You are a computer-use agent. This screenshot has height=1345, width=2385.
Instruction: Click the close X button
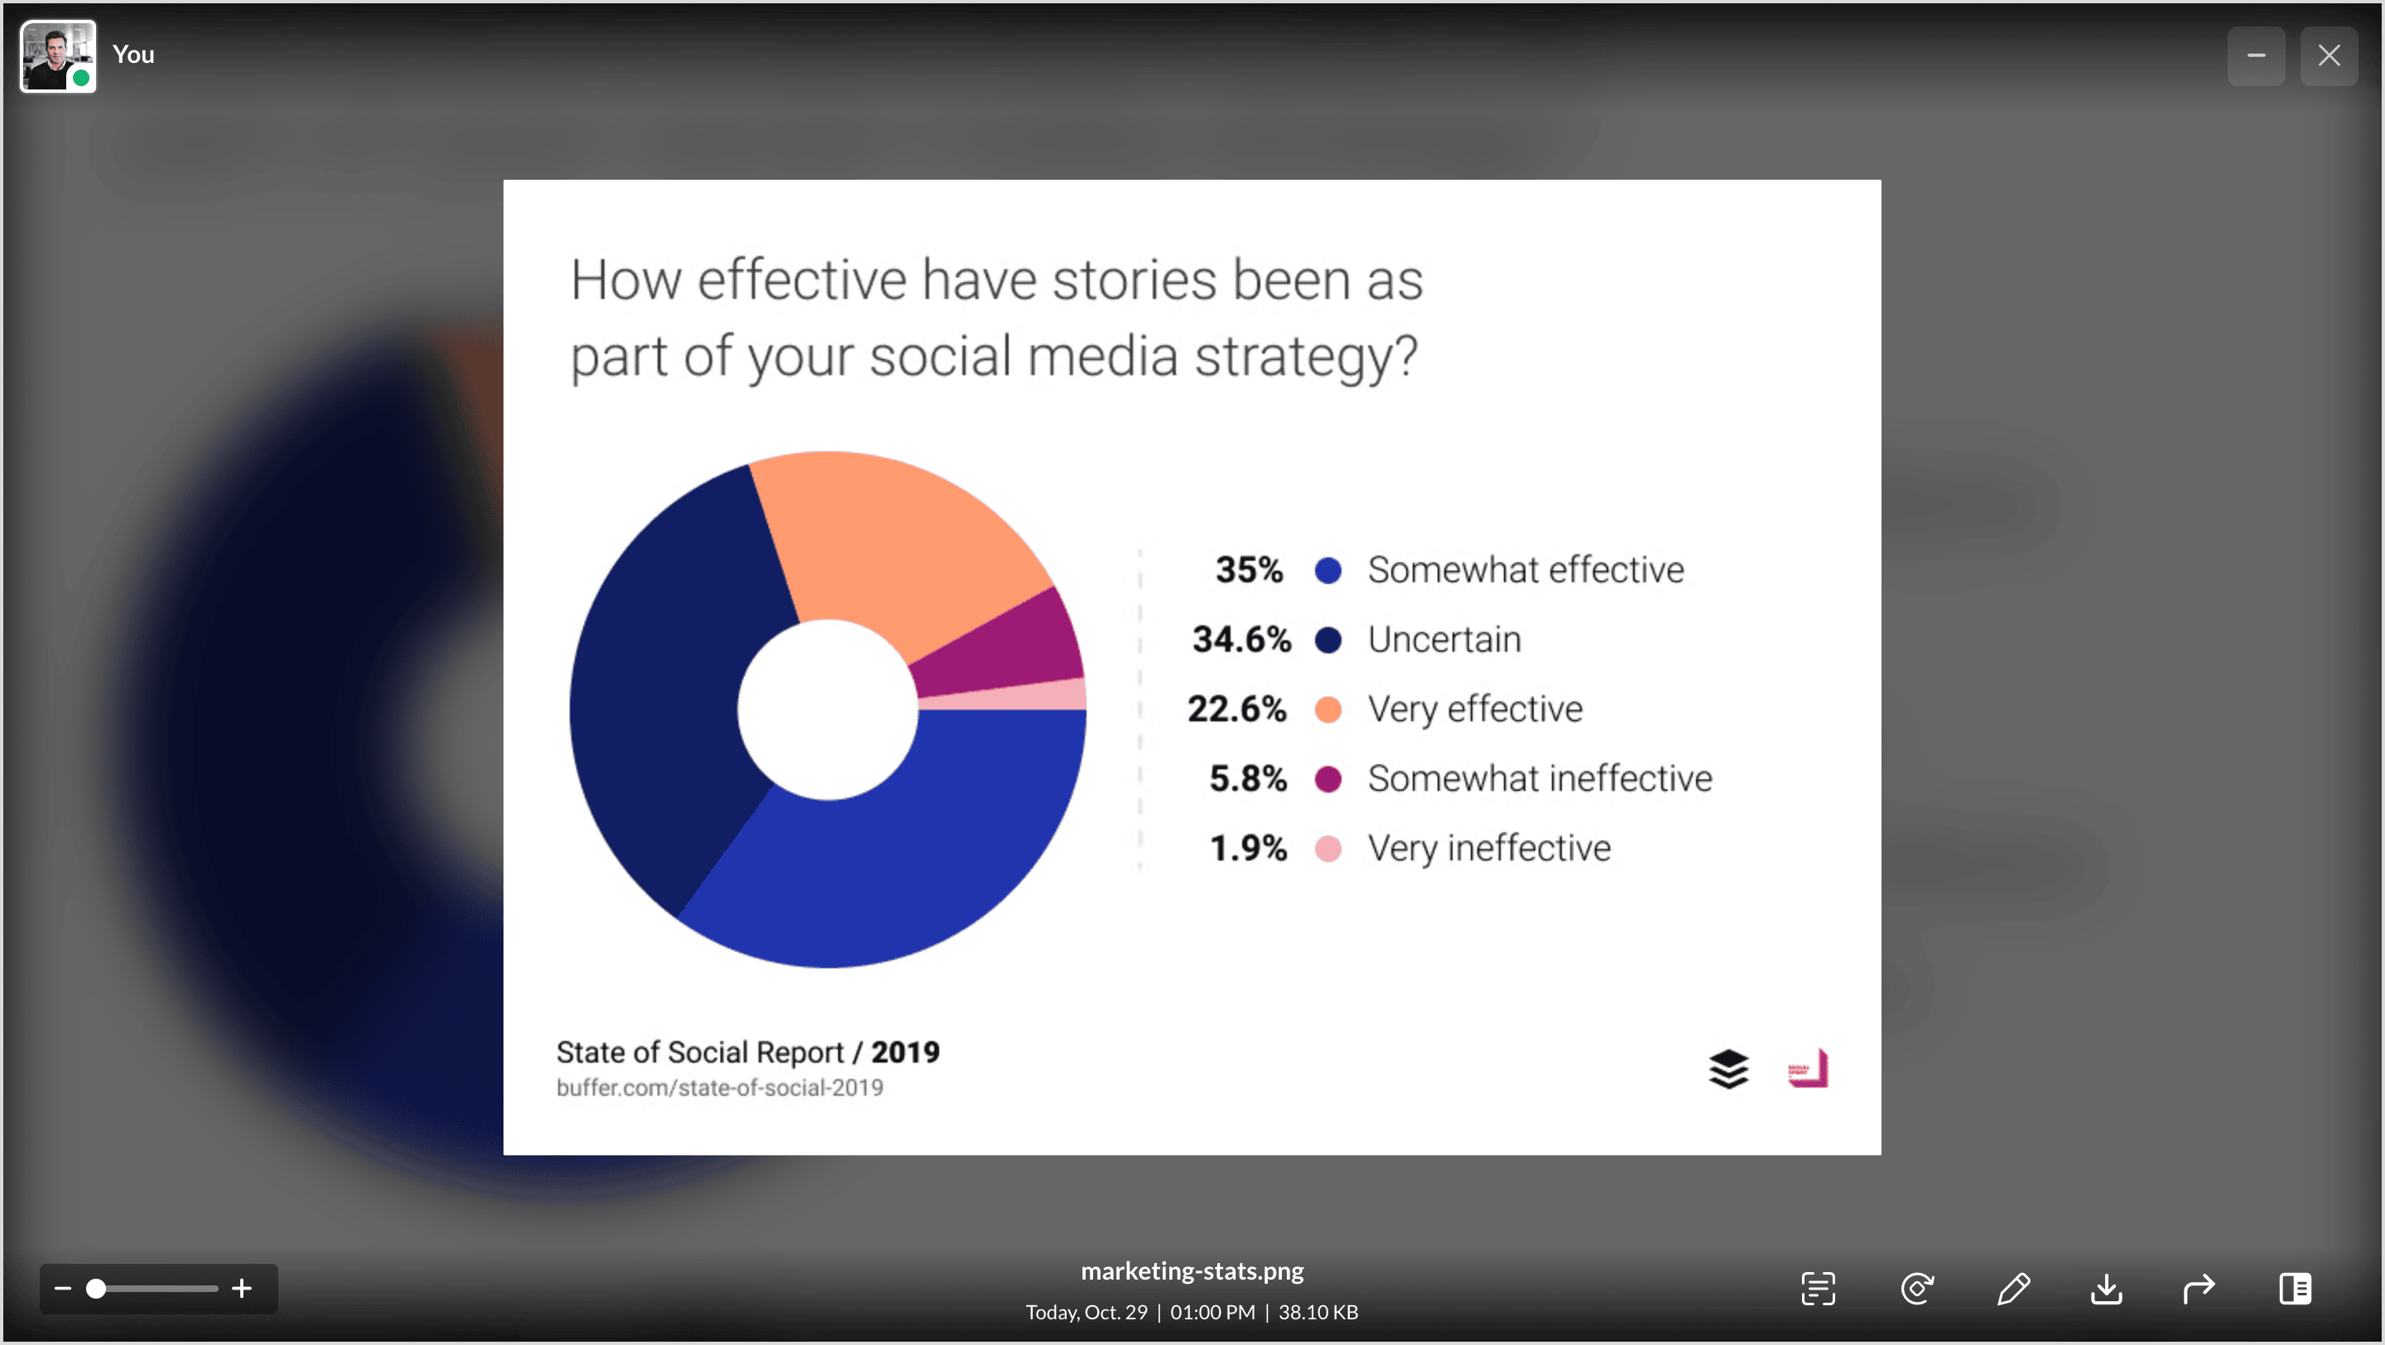pos(2329,55)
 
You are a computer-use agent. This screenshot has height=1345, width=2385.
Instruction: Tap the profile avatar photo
pos(57,55)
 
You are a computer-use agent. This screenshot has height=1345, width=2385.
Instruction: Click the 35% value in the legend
pos(1249,569)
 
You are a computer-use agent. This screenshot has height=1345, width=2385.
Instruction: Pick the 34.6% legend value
pos(1241,639)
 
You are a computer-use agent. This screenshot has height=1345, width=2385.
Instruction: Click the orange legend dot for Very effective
pos(1327,709)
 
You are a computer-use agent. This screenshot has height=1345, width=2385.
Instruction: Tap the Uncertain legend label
pos(1444,639)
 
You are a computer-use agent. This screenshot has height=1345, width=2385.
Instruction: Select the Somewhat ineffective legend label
pos(1539,779)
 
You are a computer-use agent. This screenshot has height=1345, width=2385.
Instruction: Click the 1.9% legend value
pos(1248,848)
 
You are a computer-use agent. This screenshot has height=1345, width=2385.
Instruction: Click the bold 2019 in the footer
pos(904,1052)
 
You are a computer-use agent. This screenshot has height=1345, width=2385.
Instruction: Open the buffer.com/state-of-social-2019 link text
pos(720,1087)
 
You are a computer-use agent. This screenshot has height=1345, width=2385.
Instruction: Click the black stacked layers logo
pos(1727,1069)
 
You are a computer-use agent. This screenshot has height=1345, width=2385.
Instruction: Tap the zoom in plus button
pos(242,1288)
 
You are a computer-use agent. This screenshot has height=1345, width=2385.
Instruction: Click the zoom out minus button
pos(63,1288)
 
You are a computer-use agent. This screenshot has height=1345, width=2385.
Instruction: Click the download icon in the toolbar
pos(2105,1288)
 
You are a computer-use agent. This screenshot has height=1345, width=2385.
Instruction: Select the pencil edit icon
pos(2013,1288)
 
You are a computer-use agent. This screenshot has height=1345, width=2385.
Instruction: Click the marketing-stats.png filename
pos(1192,1271)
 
